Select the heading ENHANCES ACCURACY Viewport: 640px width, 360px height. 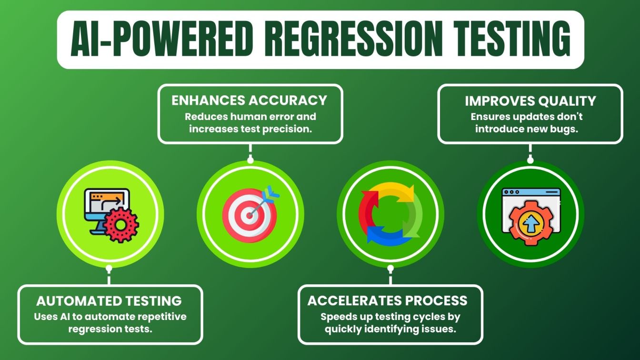click(249, 100)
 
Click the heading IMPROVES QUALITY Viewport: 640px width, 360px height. click(530, 101)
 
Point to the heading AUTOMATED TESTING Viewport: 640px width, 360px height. click(109, 301)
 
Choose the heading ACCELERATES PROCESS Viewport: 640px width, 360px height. click(388, 300)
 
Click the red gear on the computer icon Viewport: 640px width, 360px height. click(121, 225)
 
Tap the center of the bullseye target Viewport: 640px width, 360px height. click(250, 215)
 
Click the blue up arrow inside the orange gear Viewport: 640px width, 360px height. click(531, 224)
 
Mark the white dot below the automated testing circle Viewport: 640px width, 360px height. click(109, 268)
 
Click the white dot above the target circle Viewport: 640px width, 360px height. click(250, 160)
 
